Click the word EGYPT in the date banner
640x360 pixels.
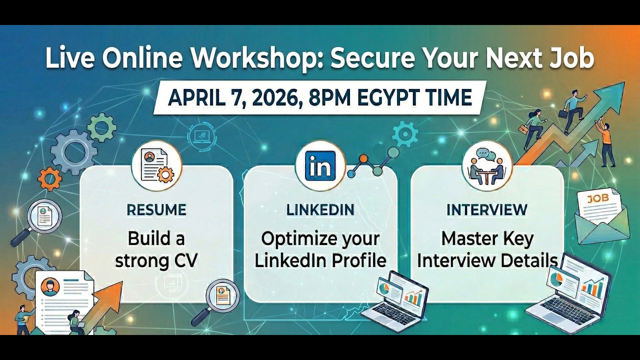click(x=390, y=97)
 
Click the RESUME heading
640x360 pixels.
click(x=156, y=209)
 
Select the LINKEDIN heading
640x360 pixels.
click(x=320, y=209)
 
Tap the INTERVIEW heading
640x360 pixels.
click(x=486, y=209)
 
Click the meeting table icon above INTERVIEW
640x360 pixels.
click(x=487, y=166)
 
